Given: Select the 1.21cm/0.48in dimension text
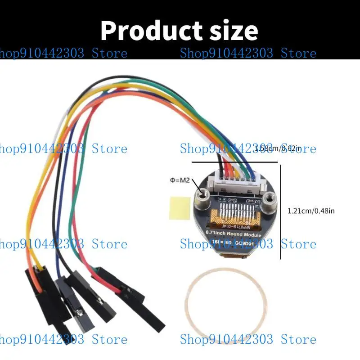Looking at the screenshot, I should [311, 211].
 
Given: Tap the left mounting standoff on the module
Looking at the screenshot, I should [201, 195].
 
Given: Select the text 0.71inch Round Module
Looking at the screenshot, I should [230, 233].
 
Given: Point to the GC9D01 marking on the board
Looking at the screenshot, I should [255, 243].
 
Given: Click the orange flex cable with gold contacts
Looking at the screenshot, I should [236, 211].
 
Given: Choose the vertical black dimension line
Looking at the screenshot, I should [281, 211].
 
